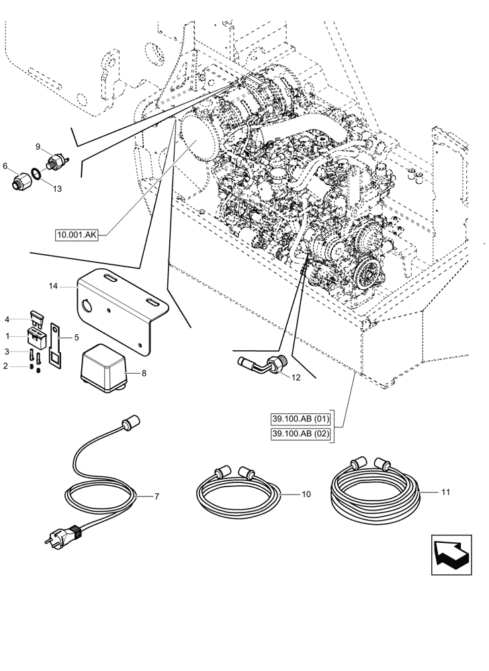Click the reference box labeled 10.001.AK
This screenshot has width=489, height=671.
78,235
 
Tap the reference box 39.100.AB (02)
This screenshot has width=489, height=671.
302,435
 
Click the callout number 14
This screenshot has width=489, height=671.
54,286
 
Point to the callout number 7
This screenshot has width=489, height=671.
157,497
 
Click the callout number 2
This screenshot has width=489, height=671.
7,366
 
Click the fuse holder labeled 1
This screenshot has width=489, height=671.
34,335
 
